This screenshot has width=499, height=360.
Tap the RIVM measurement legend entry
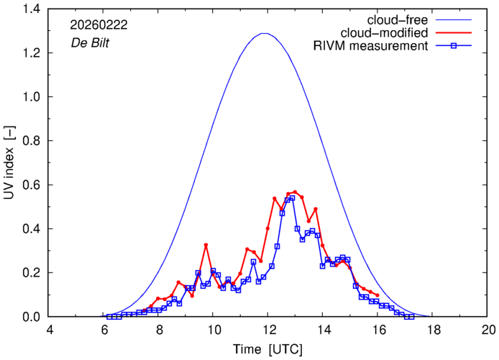click(372, 47)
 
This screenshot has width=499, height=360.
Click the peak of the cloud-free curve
click(265, 33)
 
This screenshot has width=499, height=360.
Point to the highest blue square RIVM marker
click(292, 198)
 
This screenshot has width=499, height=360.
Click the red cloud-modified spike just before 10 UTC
click(206, 245)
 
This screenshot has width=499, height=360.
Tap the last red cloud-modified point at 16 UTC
click(377, 295)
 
